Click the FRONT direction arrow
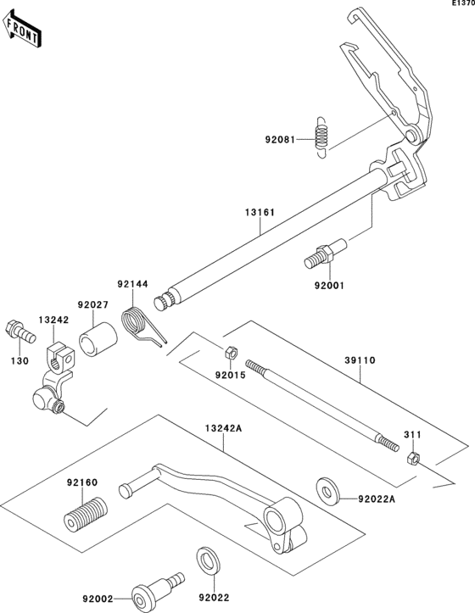21,29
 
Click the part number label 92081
280,140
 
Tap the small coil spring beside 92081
321,137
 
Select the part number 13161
260,212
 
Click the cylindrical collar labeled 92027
98,339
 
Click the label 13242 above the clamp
53,320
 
